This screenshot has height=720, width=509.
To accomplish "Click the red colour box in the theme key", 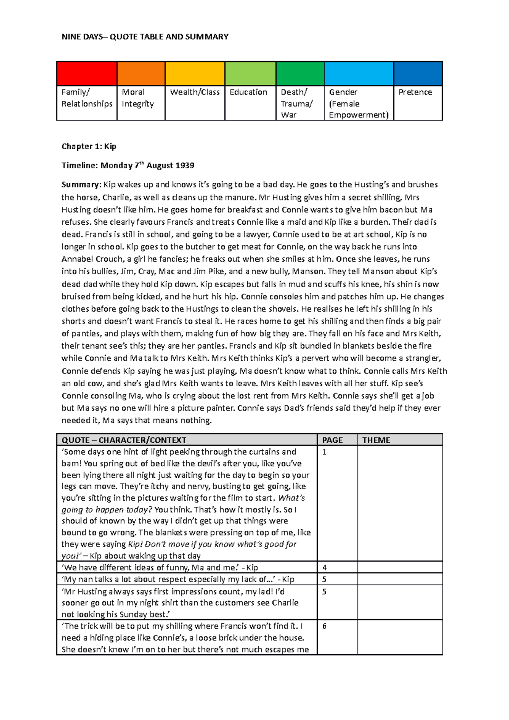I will (87, 74).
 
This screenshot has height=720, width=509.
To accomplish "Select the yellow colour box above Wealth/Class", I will (195, 74).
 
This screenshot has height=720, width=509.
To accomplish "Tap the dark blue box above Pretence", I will (418, 74).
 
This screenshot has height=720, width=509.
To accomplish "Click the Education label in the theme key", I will (249, 92).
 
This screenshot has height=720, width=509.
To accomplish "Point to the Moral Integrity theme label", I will (138, 98).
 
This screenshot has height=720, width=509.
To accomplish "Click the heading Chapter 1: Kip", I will (89, 146).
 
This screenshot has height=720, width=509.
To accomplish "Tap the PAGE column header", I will (333, 440).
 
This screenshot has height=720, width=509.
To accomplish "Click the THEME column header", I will (376, 440).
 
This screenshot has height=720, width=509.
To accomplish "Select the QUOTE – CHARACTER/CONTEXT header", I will (124, 440).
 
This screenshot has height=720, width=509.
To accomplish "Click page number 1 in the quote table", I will (324, 452).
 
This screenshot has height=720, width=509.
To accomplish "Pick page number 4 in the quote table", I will (324, 568).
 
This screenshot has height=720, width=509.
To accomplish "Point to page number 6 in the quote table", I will (324, 626).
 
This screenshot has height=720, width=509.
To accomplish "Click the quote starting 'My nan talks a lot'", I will (178, 579).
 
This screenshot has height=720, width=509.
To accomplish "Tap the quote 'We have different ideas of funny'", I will (160, 568).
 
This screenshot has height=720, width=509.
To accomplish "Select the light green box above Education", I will (250, 74).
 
